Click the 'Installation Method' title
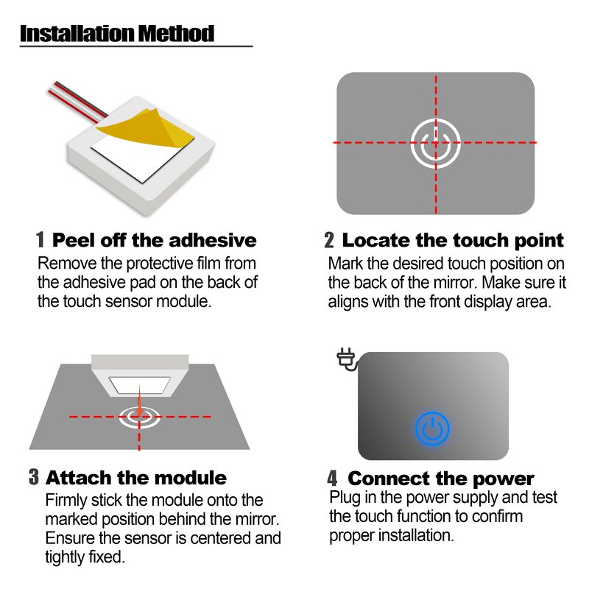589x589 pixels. click(117, 33)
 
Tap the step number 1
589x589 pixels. click(41, 240)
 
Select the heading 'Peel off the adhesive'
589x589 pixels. click(155, 240)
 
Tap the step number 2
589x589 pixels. click(329, 240)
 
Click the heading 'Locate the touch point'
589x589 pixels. click(453, 240)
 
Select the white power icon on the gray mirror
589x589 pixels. click(435, 142)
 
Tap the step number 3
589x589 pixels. click(34, 477)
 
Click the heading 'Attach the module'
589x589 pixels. click(136, 477)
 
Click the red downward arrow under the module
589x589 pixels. click(138, 406)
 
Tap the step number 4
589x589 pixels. click(333, 479)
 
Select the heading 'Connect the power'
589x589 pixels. click(440, 479)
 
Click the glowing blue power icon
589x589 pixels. click(432, 428)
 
